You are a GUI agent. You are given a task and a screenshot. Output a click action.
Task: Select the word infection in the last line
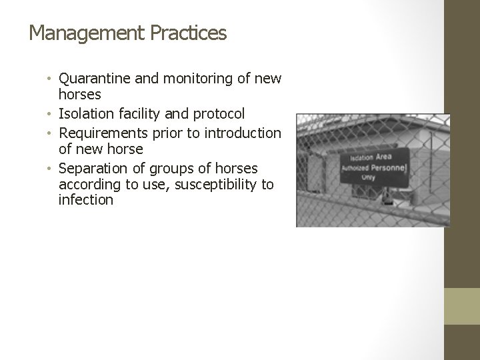point(86,201)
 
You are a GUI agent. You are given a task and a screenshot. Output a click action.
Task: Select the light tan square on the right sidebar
point(462,306)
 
